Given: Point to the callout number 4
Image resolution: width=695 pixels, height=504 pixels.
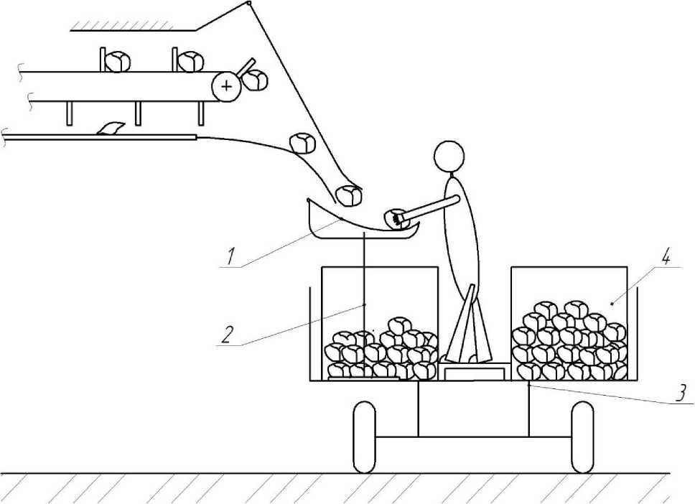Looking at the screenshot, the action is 667,258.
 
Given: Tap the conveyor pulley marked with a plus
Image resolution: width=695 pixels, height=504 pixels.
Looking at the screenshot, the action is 226,87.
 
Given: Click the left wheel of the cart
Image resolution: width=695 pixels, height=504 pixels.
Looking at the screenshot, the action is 365,437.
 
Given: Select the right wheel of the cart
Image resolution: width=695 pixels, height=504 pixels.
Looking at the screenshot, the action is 582,437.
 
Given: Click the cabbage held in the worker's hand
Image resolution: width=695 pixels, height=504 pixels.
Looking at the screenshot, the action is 395,219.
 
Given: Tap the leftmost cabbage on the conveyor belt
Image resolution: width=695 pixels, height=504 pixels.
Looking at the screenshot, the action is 117,62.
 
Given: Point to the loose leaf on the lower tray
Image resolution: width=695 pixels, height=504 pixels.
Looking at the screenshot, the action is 111,129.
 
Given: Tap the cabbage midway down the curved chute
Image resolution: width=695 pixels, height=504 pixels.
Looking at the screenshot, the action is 302,142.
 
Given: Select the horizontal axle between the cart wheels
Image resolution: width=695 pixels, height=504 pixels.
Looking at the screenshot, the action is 474,437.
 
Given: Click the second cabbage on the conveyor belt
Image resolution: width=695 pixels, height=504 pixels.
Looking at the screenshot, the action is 190,62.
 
